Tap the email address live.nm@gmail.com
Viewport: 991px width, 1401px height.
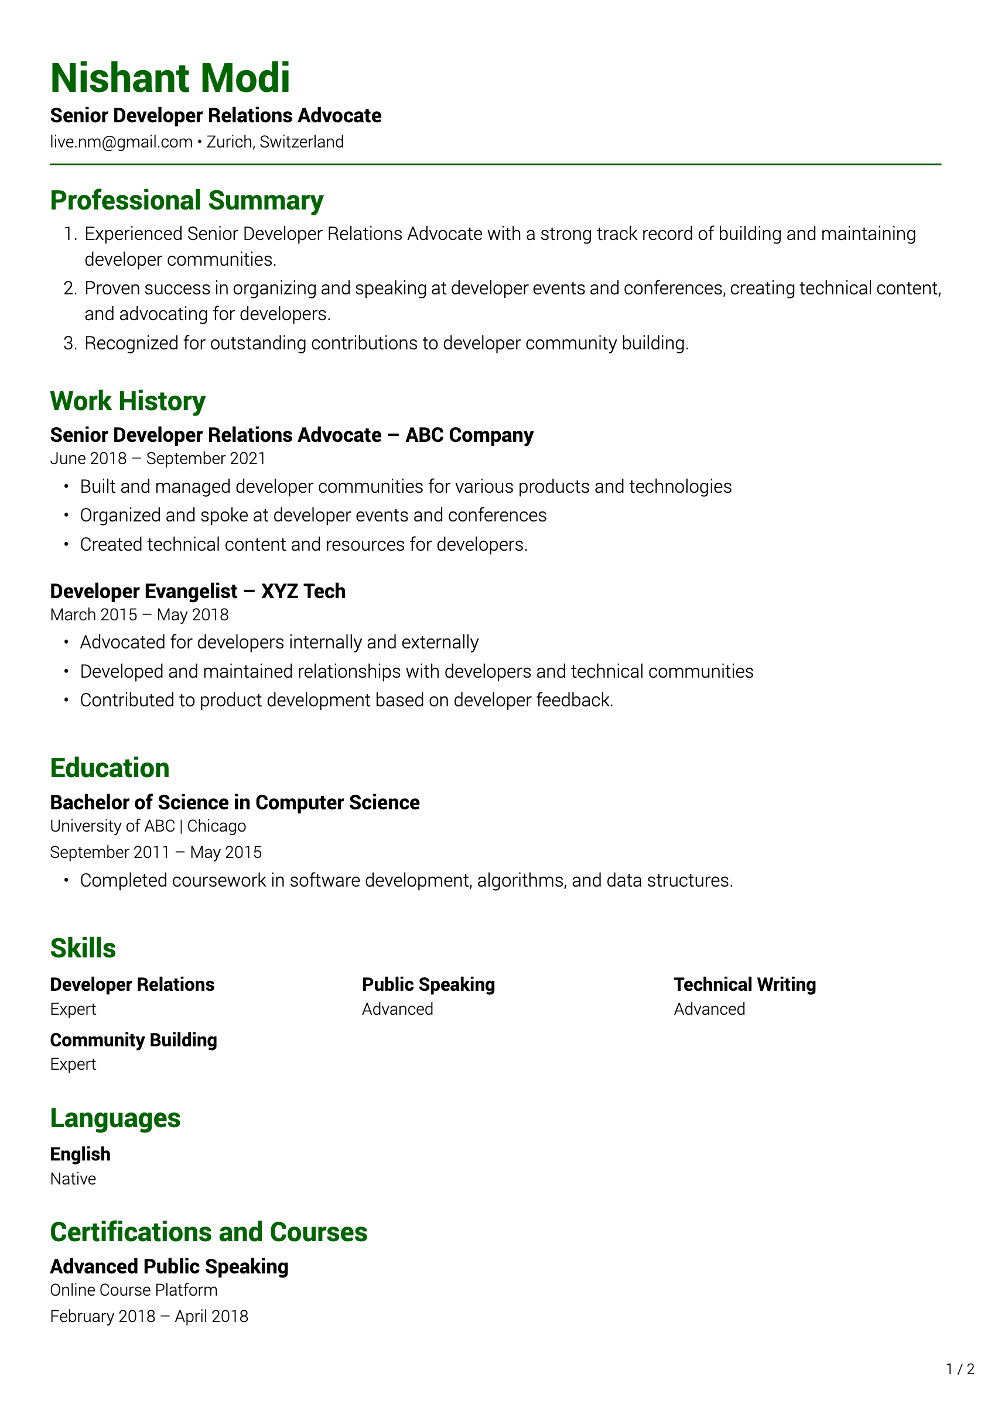click(x=121, y=142)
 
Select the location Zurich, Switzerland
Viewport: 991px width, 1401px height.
click(x=275, y=142)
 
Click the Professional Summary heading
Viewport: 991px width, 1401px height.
click(x=186, y=201)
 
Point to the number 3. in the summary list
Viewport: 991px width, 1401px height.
click(x=70, y=344)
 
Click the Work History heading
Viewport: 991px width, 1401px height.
click(x=128, y=401)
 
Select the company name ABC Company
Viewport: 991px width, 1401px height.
click(x=469, y=435)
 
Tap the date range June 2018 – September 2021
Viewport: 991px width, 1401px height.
click(x=158, y=459)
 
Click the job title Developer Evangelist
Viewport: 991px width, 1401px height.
click(x=143, y=591)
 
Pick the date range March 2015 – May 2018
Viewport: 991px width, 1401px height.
click(x=139, y=615)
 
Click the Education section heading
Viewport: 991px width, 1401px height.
click(x=110, y=768)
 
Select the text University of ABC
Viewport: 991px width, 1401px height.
click(x=112, y=826)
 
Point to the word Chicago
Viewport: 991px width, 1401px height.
click(x=217, y=826)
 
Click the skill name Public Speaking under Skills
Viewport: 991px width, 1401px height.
click(x=428, y=985)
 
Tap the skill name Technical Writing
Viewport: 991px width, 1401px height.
click(x=744, y=985)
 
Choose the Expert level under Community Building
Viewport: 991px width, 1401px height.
click(x=73, y=1064)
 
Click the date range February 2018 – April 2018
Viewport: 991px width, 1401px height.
click(x=149, y=1317)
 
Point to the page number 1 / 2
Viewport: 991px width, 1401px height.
click(x=960, y=1369)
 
